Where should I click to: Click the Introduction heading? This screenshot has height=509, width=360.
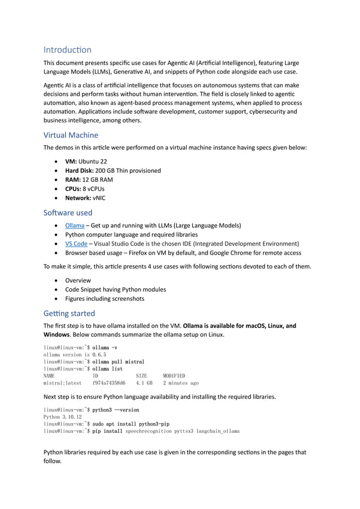67,50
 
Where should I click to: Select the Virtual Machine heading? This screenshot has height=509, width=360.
71,135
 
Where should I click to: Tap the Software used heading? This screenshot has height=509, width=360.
68,213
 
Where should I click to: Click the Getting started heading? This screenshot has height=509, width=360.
69,313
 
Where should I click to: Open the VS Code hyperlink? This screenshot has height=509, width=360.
76,244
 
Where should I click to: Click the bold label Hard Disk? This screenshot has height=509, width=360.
78,170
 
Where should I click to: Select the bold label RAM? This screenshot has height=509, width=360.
73,179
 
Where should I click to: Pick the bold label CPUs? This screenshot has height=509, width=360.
74,188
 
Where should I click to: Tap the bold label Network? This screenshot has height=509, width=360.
79,198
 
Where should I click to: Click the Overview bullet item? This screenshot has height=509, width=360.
78,280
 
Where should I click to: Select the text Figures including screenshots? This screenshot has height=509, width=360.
104,299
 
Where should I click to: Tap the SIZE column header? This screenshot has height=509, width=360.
141,375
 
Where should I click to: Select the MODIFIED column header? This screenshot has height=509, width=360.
174,375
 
